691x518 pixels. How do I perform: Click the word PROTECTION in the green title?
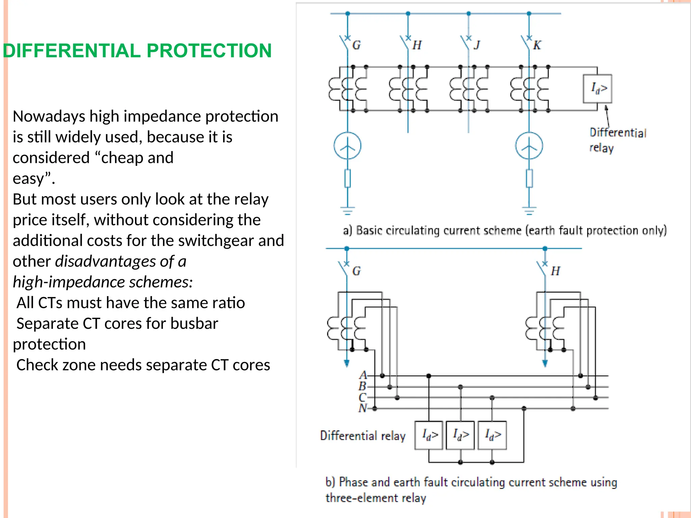[209, 51]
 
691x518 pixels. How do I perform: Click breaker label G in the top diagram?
[356, 45]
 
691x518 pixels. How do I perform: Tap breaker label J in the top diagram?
[477, 45]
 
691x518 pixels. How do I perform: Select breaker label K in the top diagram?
[537, 45]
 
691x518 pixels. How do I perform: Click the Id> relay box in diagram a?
[597, 89]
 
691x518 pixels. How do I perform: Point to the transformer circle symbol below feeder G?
[348, 146]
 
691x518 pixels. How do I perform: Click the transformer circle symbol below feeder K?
[529, 146]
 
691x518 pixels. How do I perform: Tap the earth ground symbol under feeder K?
[529, 210]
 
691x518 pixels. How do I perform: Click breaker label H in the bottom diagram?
[555, 271]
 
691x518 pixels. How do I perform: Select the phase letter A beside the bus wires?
[363, 375]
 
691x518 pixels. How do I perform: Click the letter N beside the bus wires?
[363, 408]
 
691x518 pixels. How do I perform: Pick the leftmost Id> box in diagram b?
[429, 435]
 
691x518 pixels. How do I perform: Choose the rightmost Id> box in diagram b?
[492, 435]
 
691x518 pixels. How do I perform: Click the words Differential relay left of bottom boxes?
[363, 436]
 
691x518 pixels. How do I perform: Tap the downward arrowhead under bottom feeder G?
[347, 363]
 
